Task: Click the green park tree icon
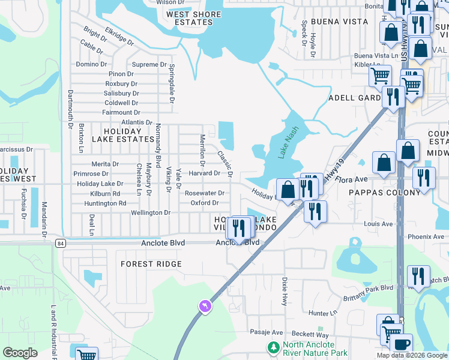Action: coord(273,347)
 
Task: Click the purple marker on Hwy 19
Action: coord(206,307)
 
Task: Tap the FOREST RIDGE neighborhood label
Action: coord(151,264)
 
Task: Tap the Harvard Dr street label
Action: coord(205,173)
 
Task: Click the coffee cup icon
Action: coord(401,345)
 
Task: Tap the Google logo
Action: coord(21,352)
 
